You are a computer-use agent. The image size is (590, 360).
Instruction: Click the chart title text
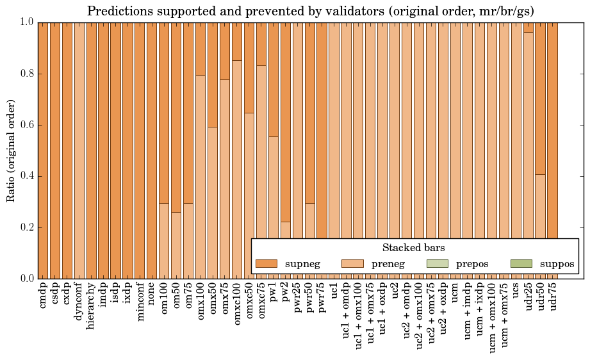(311, 11)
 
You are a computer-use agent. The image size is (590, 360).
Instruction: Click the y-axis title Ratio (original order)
(11, 151)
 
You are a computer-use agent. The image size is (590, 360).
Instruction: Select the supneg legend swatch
(266, 263)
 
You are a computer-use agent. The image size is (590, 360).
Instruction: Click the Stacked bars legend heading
(413, 247)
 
